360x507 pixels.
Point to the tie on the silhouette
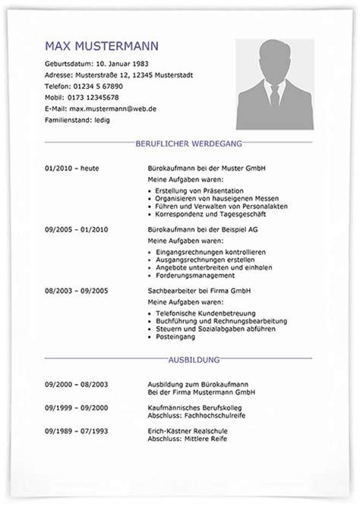point(274,98)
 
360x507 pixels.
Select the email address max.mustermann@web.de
point(114,109)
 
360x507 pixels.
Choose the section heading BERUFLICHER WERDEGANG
point(178,143)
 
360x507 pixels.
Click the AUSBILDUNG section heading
point(178,360)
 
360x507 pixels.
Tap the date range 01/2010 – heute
point(72,167)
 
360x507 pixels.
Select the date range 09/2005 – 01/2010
point(76,228)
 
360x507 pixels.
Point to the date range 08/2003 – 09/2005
point(76,290)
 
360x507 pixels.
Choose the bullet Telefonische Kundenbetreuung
point(205,313)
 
